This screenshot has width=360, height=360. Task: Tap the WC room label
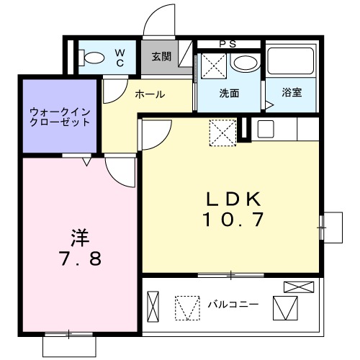coord(120,58)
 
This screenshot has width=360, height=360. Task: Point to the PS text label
coord(228,44)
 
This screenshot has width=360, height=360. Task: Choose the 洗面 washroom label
coord(229,93)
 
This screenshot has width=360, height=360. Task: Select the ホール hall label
coord(150,94)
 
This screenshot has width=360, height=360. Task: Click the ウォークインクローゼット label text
coord(59,117)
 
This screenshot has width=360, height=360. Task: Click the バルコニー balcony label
coord(233,305)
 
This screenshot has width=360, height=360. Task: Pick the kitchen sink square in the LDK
coord(264,130)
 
